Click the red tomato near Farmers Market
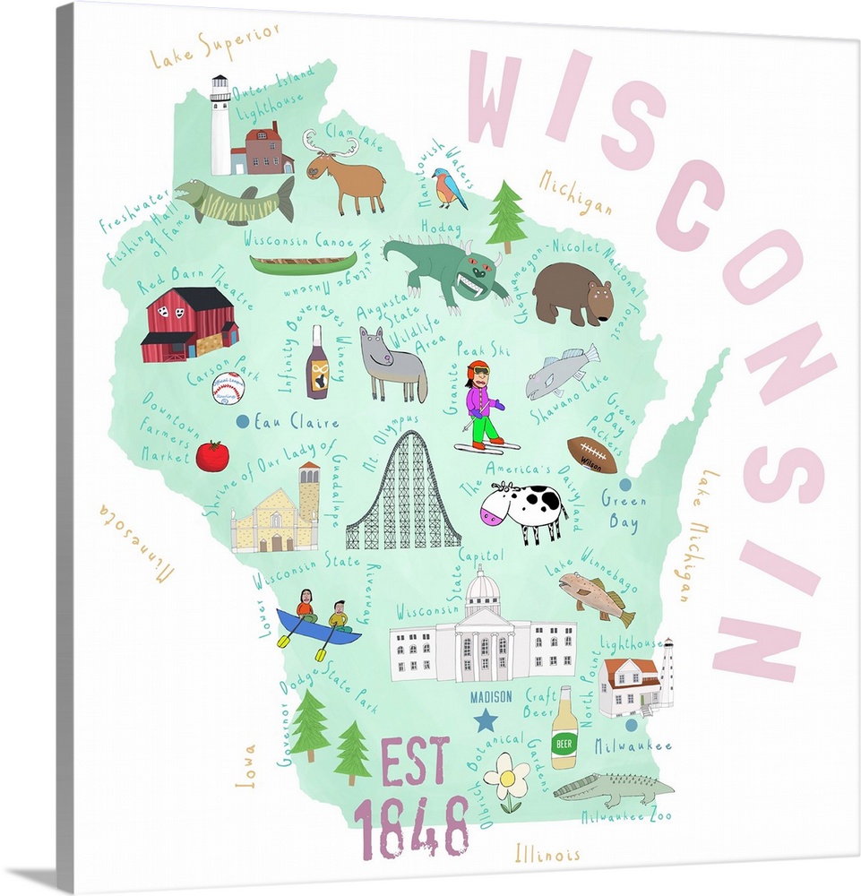pos(212,456)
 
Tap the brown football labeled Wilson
pos(592,455)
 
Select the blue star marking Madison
pos(486,719)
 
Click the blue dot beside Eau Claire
pos(242,420)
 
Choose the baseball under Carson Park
pos(228,389)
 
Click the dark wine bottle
pos(317,363)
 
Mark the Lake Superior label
pos(215,45)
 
